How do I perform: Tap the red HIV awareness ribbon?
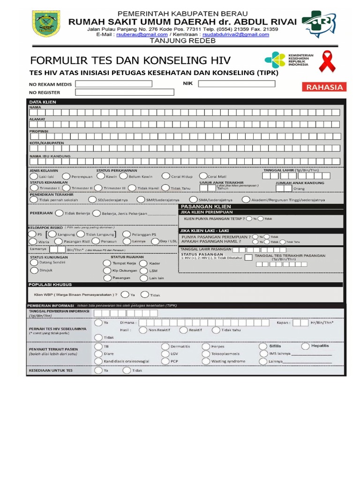click(328, 62)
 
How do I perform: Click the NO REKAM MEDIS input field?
click(114, 84)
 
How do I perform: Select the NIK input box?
click(237, 83)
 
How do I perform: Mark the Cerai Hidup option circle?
click(166, 176)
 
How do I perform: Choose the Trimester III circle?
click(98, 187)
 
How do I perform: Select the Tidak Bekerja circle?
click(59, 213)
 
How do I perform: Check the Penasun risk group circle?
click(96, 241)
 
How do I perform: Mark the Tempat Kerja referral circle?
click(107, 263)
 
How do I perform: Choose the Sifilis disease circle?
click(263, 346)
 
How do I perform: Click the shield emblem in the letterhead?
click(46, 24)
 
